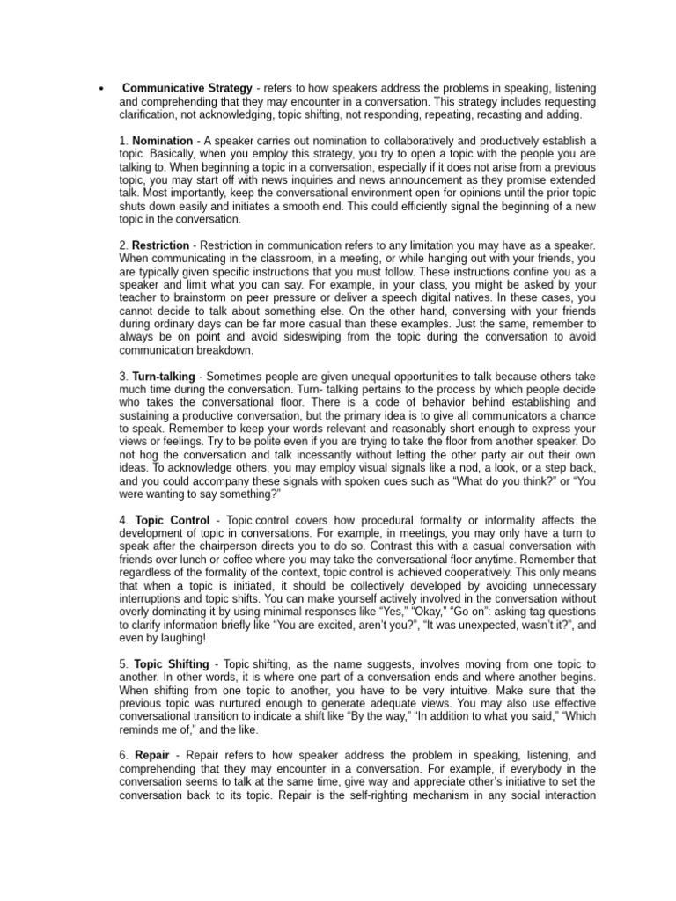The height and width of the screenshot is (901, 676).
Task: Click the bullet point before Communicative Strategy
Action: click(x=101, y=90)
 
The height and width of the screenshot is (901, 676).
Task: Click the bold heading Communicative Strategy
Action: click(x=187, y=89)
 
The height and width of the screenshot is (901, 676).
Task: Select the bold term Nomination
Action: click(x=163, y=141)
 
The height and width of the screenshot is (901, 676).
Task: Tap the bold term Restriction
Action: click(x=160, y=245)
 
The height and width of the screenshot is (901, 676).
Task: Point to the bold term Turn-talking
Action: click(x=164, y=376)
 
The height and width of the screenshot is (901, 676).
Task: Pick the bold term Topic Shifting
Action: click(x=171, y=663)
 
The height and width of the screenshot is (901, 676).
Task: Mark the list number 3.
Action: click(x=123, y=376)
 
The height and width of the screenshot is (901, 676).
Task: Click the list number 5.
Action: click(x=123, y=663)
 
